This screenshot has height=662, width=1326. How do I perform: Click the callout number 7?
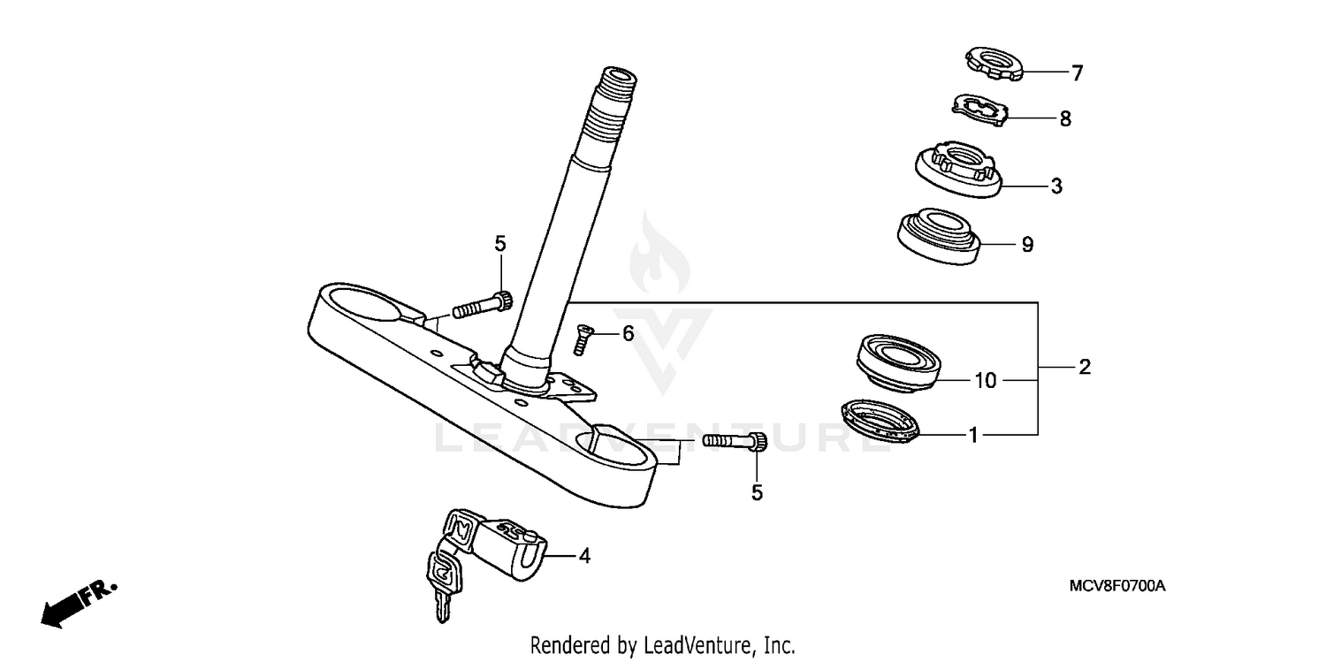point(1077,74)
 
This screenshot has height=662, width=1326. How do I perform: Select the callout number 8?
point(1065,118)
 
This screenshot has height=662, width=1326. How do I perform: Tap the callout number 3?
point(1055,186)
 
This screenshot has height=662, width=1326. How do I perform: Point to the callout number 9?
point(1026,245)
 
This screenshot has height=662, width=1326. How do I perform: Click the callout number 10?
point(986,381)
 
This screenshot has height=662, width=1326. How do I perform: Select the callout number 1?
point(972,435)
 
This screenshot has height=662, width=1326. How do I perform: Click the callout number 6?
point(629,333)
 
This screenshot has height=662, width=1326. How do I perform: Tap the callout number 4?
point(584,556)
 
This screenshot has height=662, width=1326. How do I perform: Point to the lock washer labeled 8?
point(981,109)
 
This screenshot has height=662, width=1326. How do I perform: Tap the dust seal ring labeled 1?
point(880,420)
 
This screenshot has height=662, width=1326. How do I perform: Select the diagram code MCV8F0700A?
point(1117,586)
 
